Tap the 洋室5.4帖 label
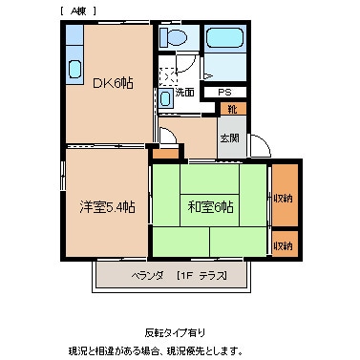pyautogui.click(x=105, y=204)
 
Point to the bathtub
pyautogui.click(x=225, y=43)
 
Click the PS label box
pyautogui.click(x=225, y=93)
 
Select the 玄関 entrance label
pyautogui.click(x=230, y=138)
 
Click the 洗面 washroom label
pyautogui.click(x=185, y=93)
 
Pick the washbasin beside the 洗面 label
pyautogui.click(x=166, y=97)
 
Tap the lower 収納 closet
pyautogui.click(x=284, y=245)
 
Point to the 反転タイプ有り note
pyautogui.click(x=175, y=331)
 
